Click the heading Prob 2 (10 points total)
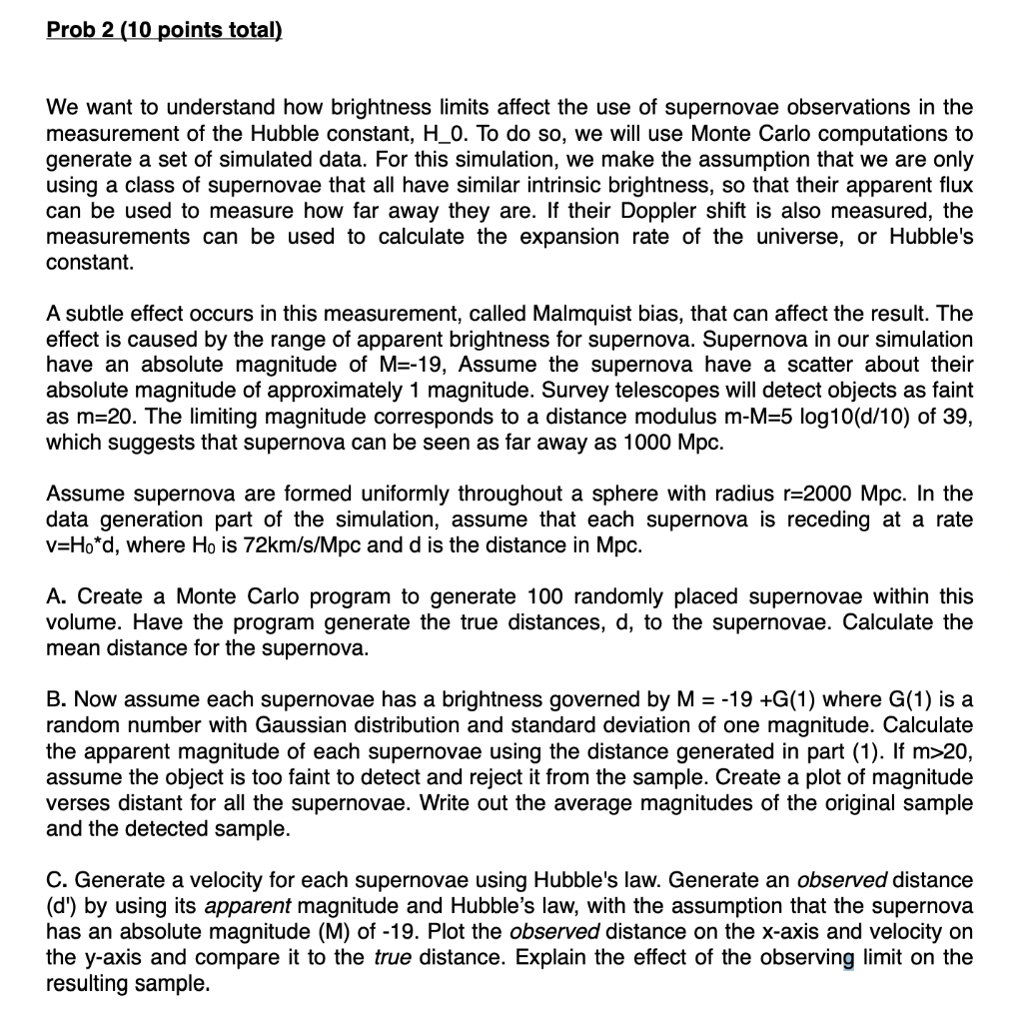(165, 30)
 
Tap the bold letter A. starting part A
(57, 596)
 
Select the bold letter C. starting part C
(58, 880)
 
